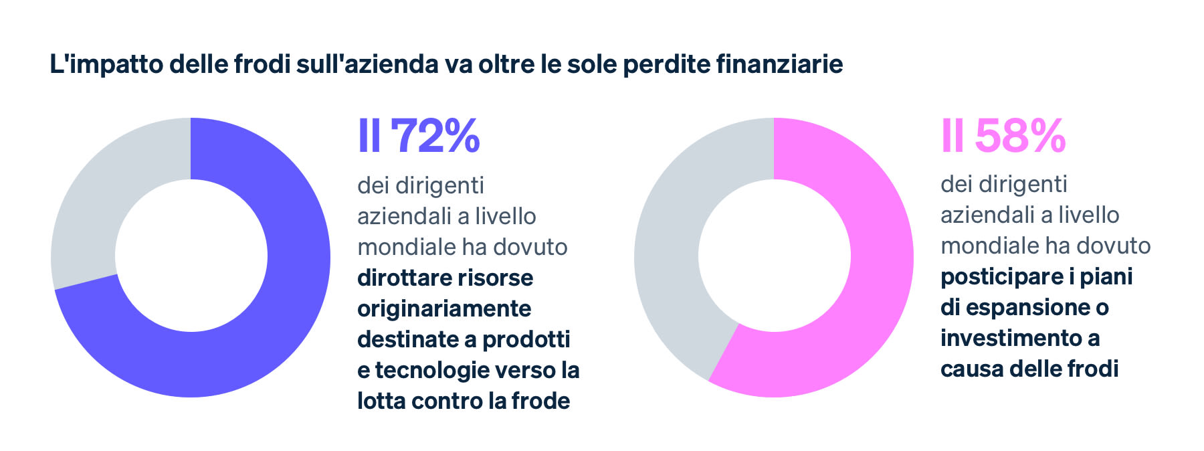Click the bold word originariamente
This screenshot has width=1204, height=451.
click(444, 308)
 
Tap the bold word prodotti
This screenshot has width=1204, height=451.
click(526, 339)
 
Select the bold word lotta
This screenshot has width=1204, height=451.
click(381, 401)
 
